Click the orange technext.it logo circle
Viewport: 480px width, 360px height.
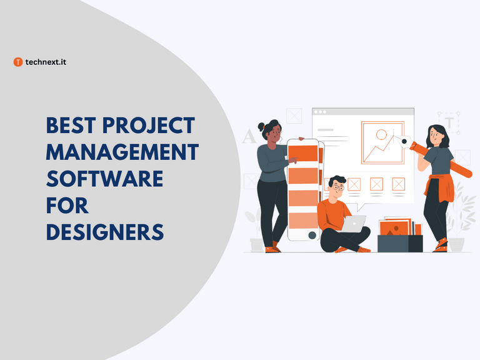pyautogui.click(x=17, y=62)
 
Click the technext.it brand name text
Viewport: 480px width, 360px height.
pyautogui.click(x=47, y=62)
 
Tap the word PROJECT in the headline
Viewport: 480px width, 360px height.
pyautogui.click(x=154, y=126)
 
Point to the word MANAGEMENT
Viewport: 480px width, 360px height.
pyautogui.click(x=122, y=152)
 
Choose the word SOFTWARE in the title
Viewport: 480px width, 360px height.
pyautogui.click(x=104, y=179)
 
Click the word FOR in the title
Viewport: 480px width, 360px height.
pyautogui.click(x=67, y=205)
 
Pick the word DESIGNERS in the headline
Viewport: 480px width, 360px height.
pyautogui.click(x=105, y=232)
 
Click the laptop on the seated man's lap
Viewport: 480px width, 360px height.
pyautogui.click(x=354, y=224)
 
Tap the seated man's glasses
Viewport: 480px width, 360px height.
pyautogui.click(x=339, y=186)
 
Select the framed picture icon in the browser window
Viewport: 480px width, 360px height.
pyautogui.click(x=381, y=142)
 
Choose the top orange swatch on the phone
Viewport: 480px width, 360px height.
pyautogui.click(x=305, y=152)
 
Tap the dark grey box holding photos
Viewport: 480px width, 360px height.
pyautogui.click(x=399, y=243)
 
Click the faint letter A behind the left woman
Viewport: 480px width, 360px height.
pyautogui.click(x=249, y=136)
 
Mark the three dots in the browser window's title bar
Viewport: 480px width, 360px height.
pyautogui.click(x=321, y=112)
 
